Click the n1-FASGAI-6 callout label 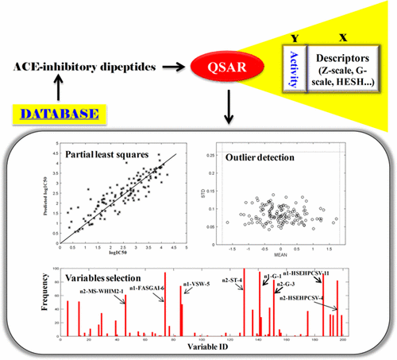pyautogui.click(x=140, y=288)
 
